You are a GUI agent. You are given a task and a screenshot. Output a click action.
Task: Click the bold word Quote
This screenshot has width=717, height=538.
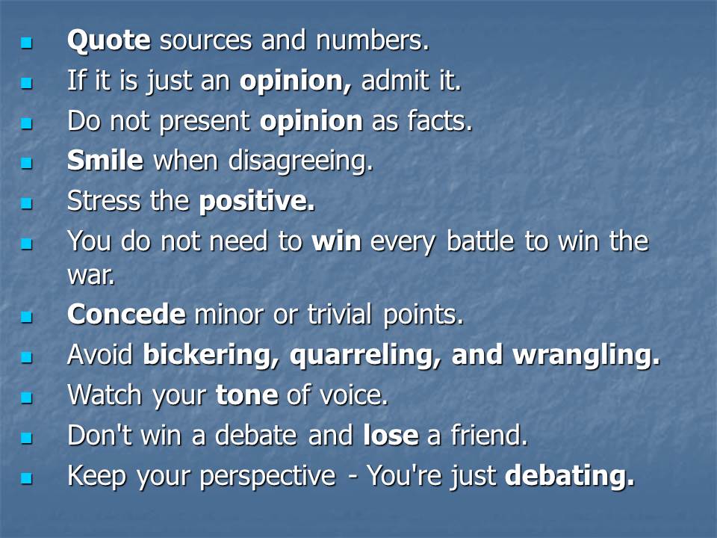(109, 40)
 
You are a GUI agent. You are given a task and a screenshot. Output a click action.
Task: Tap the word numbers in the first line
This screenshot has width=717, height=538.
(373, 40)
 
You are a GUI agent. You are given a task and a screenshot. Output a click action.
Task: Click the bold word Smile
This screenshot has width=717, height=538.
(105, 161)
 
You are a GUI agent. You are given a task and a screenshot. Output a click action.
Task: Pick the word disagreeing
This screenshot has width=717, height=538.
(300, 161)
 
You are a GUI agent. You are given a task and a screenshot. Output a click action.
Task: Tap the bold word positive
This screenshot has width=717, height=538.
(257, 202)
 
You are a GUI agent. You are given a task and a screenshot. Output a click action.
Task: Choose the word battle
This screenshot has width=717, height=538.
(480, 241)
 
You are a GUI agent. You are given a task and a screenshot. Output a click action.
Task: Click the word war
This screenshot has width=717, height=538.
(91, 276)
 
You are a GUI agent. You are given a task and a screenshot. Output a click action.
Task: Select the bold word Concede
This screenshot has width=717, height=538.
(126, 315)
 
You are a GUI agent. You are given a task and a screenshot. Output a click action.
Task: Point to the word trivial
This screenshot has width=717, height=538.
(340, 315)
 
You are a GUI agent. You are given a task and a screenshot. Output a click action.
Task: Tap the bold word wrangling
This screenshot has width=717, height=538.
(587, 356)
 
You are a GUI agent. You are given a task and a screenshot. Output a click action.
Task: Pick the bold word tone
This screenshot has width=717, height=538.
(247, 395)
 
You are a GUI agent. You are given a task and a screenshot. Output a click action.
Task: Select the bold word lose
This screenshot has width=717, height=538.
(391, 435)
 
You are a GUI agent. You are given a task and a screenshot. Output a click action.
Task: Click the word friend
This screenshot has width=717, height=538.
(489, 435)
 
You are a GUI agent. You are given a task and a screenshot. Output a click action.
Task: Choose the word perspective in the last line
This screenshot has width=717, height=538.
(268, 476)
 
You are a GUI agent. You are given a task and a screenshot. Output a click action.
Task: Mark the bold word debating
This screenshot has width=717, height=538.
(570, 476)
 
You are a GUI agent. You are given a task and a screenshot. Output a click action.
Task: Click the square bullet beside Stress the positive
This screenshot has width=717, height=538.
(27, 202)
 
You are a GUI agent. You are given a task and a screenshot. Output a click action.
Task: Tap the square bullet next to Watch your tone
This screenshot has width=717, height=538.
(27, 397)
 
